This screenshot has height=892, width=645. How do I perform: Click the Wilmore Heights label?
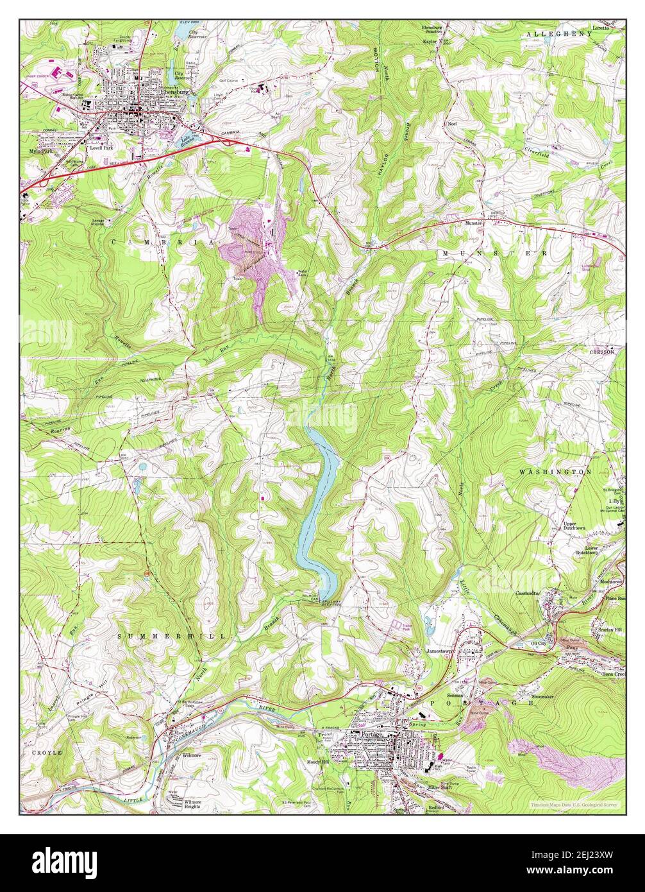[185, 804]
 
